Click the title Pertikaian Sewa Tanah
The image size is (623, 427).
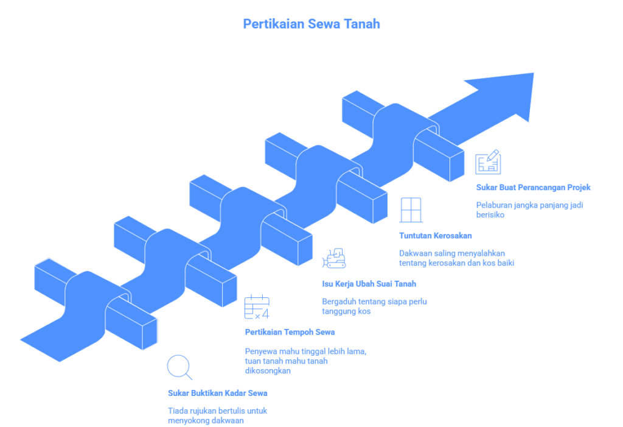tap(311, 24)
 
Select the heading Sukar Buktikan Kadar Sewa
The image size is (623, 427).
tap(217, 393)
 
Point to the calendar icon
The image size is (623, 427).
tap(257, 307)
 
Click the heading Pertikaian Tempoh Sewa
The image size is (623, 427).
tap(290, 332)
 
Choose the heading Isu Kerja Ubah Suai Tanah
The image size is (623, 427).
tap(369, 284)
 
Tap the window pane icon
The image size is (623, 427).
tap(411, 210)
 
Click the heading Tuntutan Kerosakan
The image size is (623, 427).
tap(436, 236)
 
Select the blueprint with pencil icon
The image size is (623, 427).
tap(488, 162)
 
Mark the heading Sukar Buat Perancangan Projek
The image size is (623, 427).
tap(533, 188)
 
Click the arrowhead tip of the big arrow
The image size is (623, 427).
tap(533, 73)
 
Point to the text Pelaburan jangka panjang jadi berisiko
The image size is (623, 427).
tap(530, 210)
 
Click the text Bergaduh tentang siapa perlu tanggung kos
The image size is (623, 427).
tap(374, 306)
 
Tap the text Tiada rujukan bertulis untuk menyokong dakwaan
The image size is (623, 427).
tap(217, 415)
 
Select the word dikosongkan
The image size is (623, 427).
tap(268, 370)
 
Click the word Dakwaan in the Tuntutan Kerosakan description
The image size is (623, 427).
tap(416, 253)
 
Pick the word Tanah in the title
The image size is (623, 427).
tap(362, 24)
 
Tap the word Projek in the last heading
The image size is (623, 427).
tap(579, 188)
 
